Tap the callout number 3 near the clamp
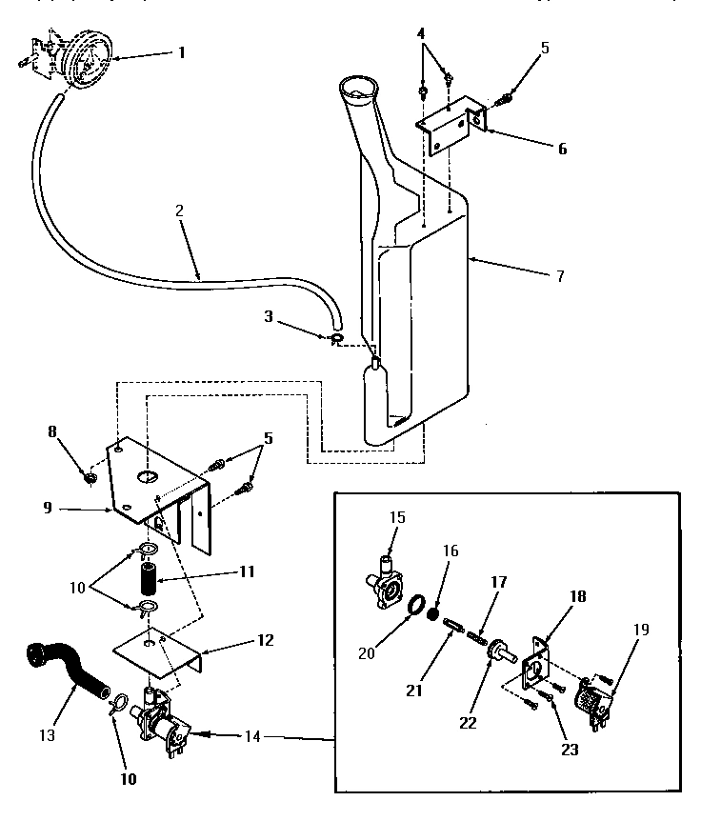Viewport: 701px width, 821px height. (421, 35)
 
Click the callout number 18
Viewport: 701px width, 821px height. (578, 597)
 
